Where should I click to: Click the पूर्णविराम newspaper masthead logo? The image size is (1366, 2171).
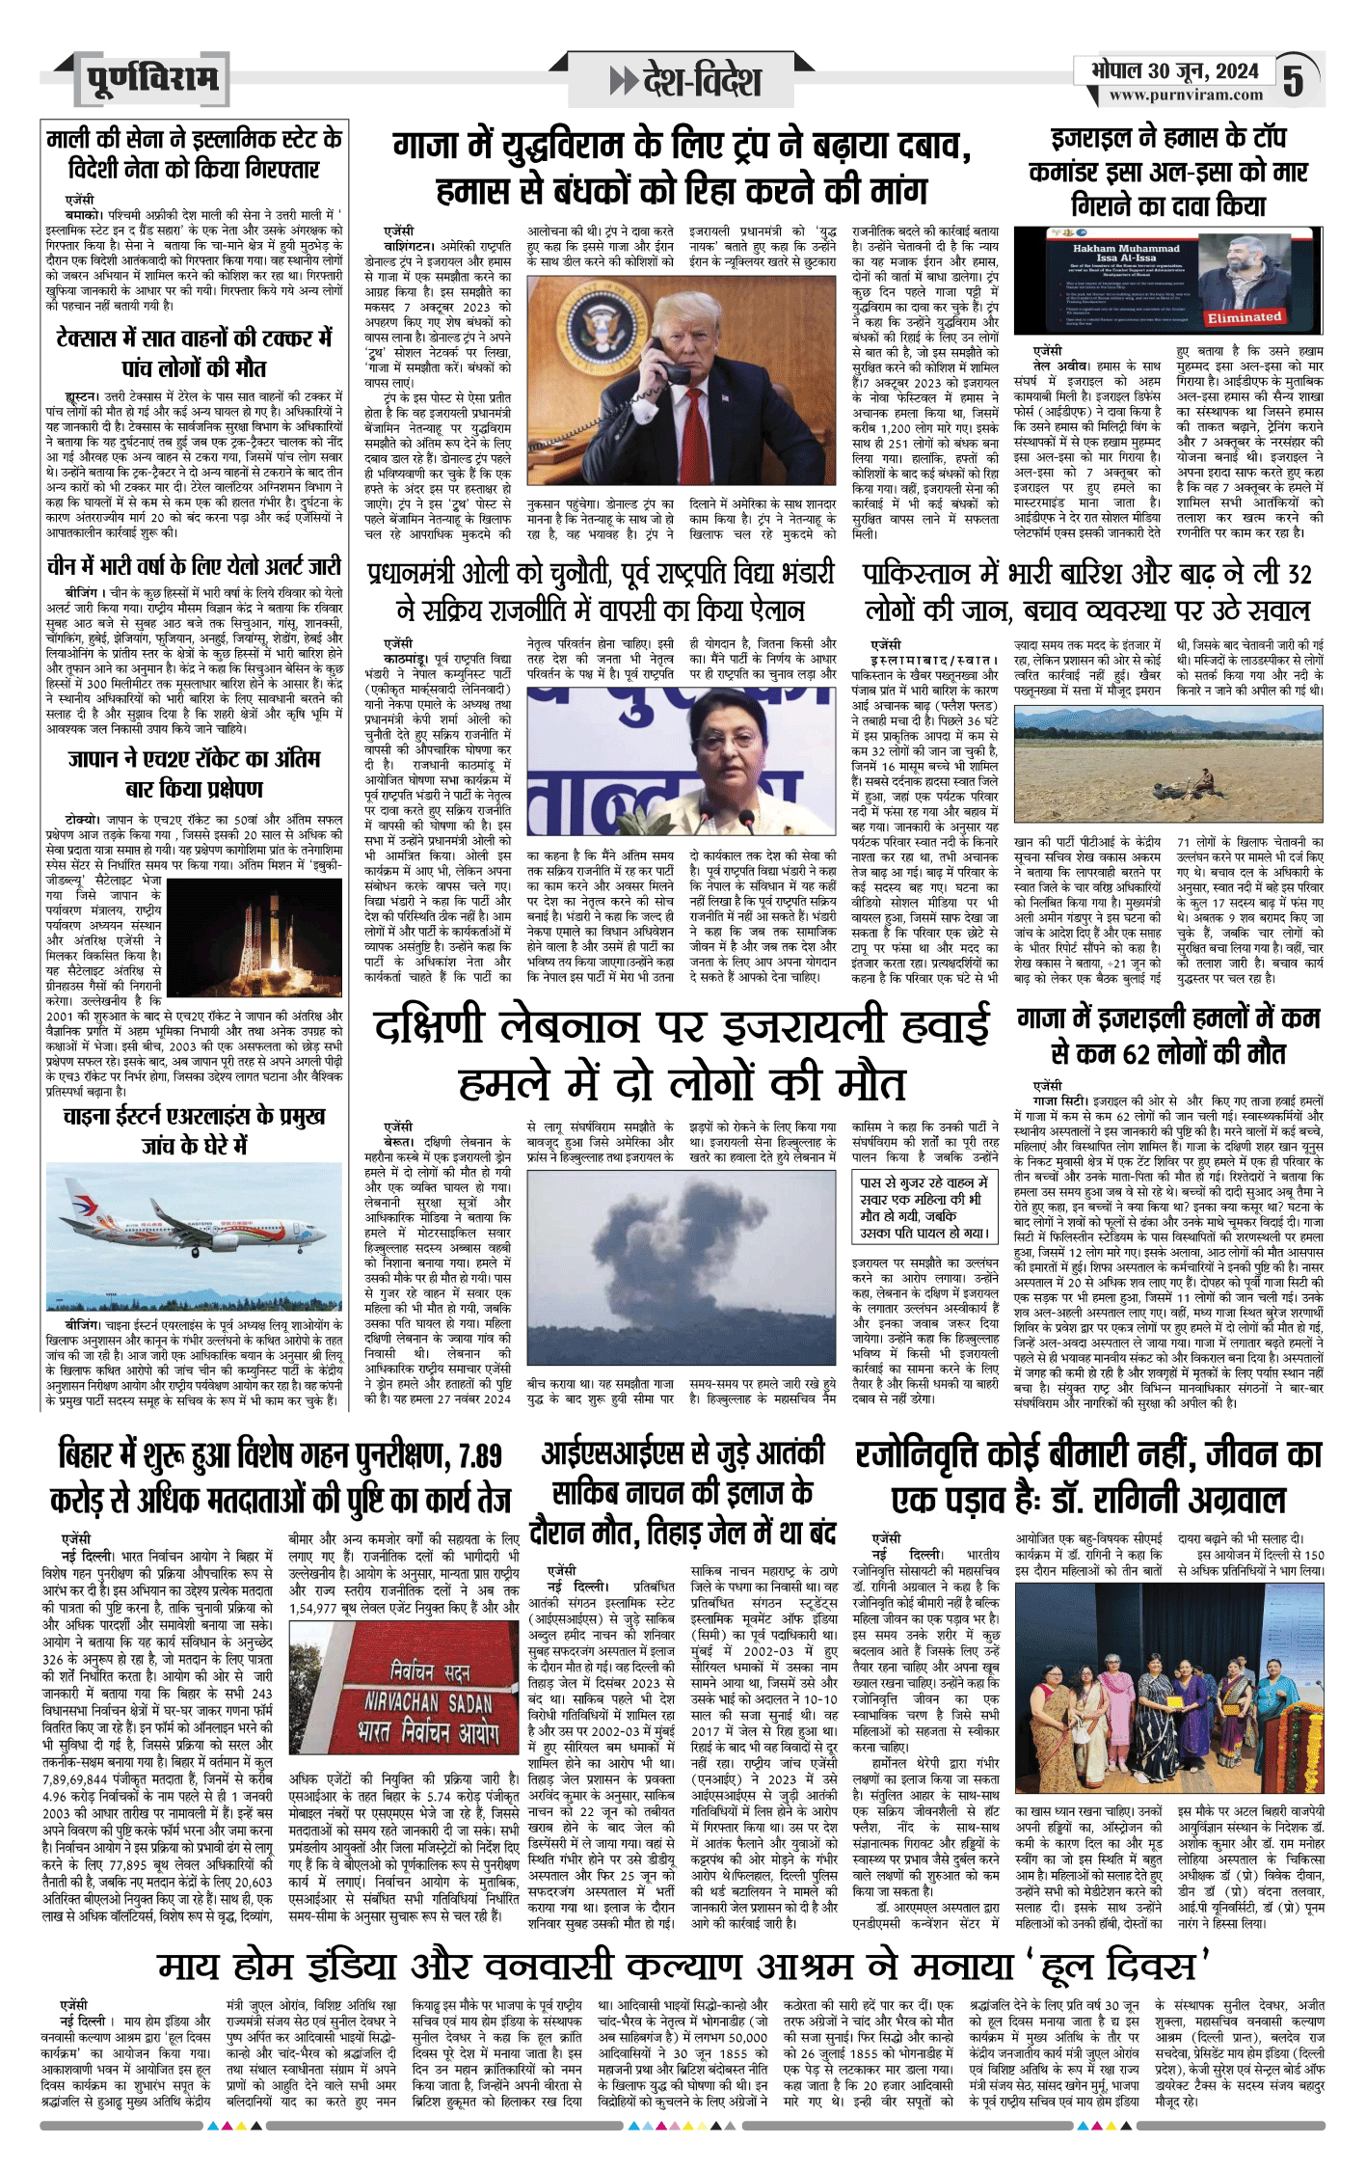(151, 80)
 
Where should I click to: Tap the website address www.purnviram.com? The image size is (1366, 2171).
(1185, 95)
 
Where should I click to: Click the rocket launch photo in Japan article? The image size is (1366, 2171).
(253, 925)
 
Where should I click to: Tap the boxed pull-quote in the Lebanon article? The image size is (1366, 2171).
(924, 1208)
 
